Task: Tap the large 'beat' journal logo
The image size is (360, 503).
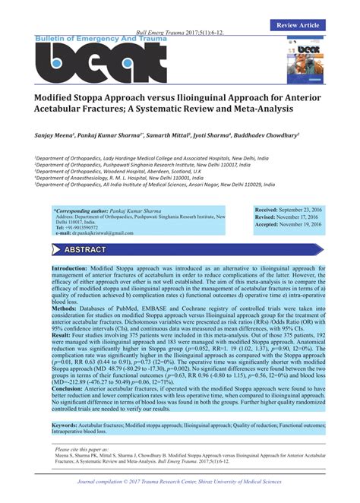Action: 99,64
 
